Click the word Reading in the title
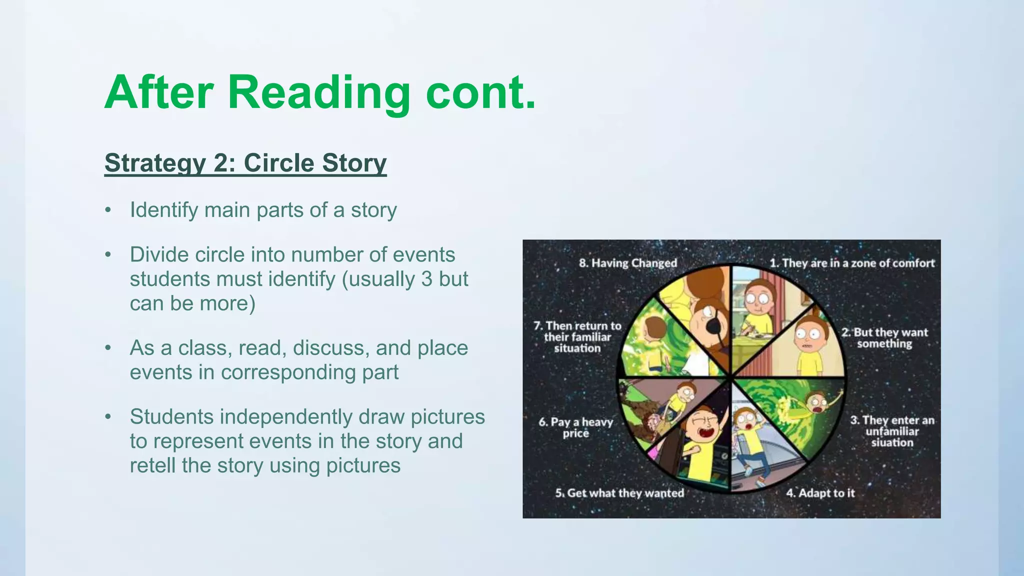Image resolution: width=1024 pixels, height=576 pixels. coord(318,93)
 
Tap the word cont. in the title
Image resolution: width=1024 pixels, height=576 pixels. coord(480,93)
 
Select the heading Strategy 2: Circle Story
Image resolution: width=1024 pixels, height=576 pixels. coord(245,163)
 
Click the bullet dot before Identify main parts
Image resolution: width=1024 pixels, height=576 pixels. coord(107,210)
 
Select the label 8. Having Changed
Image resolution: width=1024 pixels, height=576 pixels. coord(627,263)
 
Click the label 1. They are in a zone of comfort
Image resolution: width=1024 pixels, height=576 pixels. coord(851,263)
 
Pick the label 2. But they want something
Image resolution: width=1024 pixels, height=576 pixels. coord(884,338)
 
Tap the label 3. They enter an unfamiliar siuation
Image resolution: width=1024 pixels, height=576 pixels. coord(892,431)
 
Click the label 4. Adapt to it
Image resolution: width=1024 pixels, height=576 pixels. coord(820,493)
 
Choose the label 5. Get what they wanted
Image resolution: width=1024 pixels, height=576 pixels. coord(619,493)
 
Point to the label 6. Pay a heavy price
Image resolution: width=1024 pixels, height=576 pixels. coord(575,427)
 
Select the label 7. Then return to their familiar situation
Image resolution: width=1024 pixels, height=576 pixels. coord(577,337)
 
